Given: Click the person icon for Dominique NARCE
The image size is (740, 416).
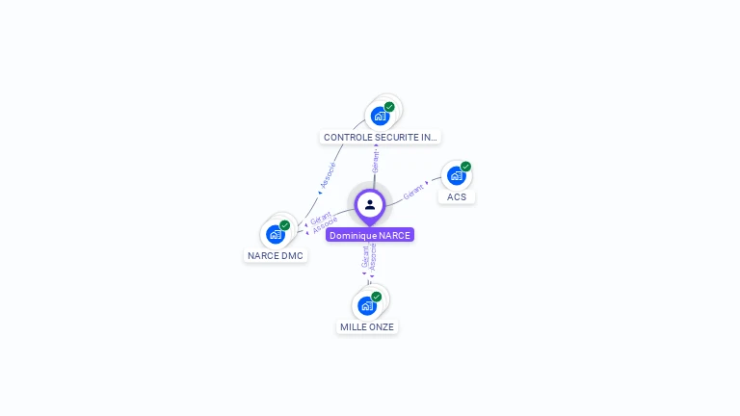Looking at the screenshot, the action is (x=370, y=204).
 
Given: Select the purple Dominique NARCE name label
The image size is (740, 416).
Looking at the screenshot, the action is (x=370, y=235).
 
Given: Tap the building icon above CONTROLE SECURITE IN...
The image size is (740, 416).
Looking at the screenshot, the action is (x=380, y=116).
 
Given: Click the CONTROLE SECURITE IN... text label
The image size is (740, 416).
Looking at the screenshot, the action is (x=380, y=137).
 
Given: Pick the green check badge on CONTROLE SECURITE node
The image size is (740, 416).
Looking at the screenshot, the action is (x=389, y=107).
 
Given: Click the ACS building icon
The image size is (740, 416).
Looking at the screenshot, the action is (x=456, y=175).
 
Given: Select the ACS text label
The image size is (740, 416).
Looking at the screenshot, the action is (x=457, y=196).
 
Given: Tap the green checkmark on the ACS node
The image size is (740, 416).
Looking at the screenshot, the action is (x=465, y=167).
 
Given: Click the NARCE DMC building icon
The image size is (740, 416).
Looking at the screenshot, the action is (x=276, y=234).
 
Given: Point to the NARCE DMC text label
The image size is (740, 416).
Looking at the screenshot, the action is (x=276, y=255).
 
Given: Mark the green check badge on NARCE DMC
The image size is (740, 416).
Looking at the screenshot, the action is (x=284, y=225).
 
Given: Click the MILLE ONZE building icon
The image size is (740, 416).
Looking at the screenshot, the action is (x=367, y=305).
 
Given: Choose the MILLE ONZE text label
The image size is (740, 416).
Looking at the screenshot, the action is (x=367, y=326).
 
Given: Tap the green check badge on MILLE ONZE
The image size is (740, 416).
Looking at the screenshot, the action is (x=377, y=297).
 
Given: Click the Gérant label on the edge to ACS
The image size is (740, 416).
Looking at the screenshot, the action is (x=413, y=191).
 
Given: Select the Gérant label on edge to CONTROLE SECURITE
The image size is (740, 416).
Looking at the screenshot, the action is (x=375, y=162).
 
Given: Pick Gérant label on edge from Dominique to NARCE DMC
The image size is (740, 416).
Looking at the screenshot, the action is (x=321, y=218).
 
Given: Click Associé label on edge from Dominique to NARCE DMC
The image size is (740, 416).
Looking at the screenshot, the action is (x=325, y=226).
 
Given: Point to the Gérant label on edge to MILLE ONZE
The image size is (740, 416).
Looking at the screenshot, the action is (x=365, y=257).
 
